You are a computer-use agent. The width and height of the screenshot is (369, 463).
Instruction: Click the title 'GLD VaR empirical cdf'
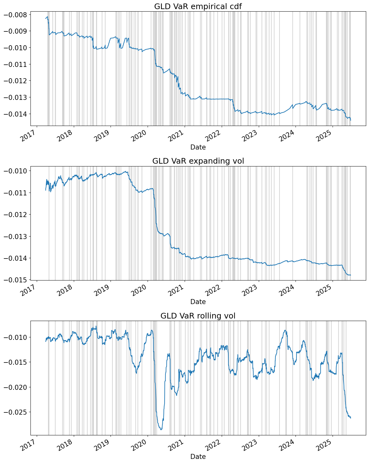(x=198, y=6)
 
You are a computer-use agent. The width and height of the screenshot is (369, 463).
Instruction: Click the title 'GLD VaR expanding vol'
(x=198, y=161)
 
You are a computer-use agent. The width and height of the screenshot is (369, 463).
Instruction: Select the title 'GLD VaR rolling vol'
(x=198, y=316)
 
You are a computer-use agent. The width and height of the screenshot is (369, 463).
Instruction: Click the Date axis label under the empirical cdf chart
(x=198, y=147)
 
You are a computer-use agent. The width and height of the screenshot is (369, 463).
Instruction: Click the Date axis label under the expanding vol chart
(x=198, y=302)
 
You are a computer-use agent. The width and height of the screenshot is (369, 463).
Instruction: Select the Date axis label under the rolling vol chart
(x=198, y=457)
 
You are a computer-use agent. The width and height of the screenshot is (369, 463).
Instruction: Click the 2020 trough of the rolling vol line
(x=161, y=429)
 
